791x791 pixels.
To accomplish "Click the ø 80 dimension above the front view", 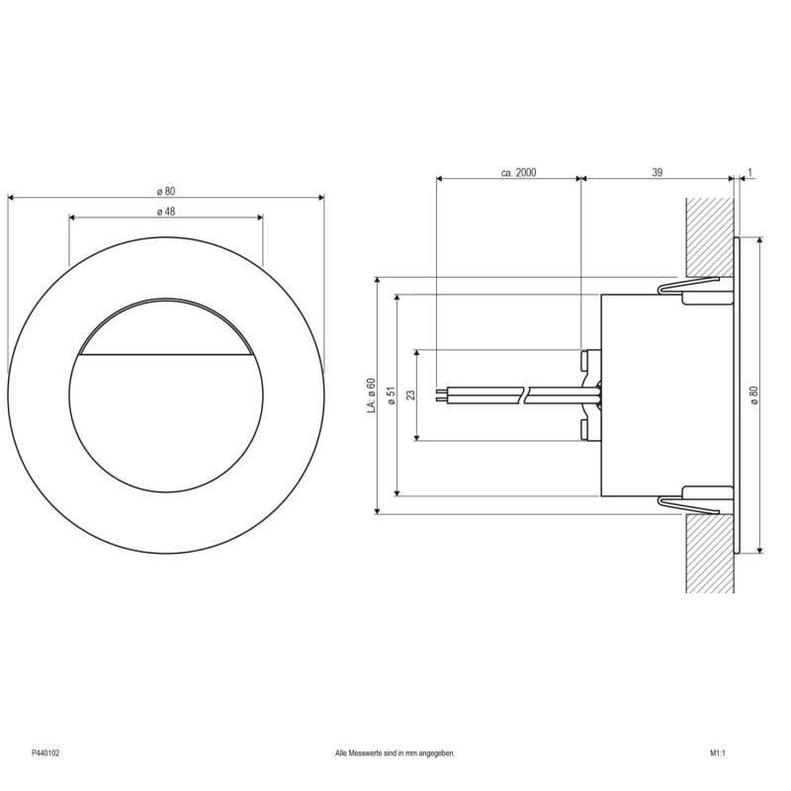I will (x=165, y=191).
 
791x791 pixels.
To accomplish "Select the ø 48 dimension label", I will (x=165, y=211).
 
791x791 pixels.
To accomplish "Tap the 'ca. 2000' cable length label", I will (x=518, y=172).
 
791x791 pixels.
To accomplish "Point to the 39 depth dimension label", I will (x=657, y=172).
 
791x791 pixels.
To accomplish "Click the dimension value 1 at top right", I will (x=750, y=172).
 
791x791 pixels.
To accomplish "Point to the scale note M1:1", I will (x=718, y=753).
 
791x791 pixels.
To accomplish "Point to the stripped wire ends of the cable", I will (x=442, y=395).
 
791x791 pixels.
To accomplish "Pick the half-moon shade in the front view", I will (x=165, y=326).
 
